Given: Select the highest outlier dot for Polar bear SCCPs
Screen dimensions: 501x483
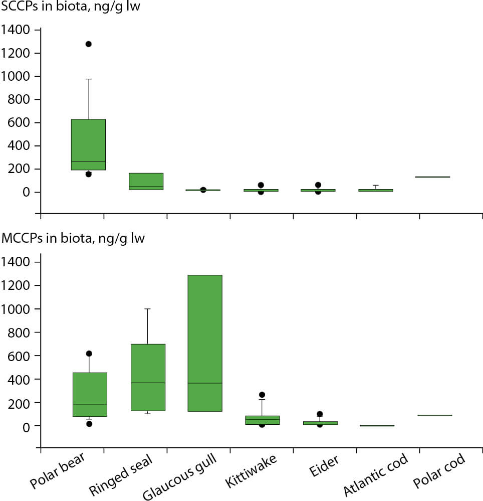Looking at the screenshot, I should tap(89, 44).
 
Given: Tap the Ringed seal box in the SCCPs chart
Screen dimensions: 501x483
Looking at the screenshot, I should tap(146, 181).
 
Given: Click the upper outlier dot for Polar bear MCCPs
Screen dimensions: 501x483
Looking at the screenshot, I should tap(89, 354).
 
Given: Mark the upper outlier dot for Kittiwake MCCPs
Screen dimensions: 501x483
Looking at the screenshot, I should tap(262, 395).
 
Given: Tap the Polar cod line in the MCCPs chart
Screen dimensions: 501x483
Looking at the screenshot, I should tap(434, 415).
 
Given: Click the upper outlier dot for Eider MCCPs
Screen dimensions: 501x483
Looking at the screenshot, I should tap(320, 414).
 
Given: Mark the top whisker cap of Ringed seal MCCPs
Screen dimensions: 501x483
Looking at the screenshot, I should tap(148, 309).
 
